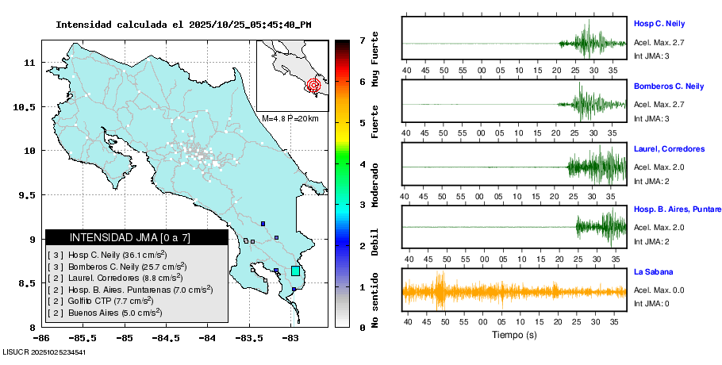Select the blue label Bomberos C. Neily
pyautogui.click(x=669, y=86)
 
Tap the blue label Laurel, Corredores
pyautogui.click(x=669, y=149)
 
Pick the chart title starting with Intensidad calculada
pyautogui.click(x=183, y=25)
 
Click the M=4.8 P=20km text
pyautogui.click(x=290, y=118)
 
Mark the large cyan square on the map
pyautogui.click(x=295, y=271)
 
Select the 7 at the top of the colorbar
pyautogui.click(x=361, y=40)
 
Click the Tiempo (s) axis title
pyautogui.click(x=514, y=335)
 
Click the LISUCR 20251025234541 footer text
pyautogui.click(x=44, y=352)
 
